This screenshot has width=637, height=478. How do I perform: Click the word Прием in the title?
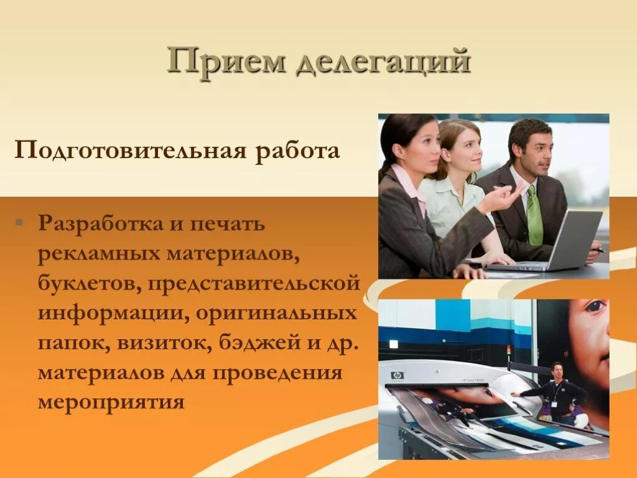tap(226, 63)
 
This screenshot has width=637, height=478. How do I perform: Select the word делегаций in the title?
tap(383, 63)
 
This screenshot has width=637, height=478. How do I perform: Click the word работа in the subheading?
tap(297, 151)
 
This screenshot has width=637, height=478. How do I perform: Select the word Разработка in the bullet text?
tap(99, 223)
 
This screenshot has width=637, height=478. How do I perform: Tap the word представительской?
tap(254, 283)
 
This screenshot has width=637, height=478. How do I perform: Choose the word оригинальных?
tap(277, 313)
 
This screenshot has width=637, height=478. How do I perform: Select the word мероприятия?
tap(111, 401)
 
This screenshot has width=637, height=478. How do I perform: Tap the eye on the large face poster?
tap(595, 307)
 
